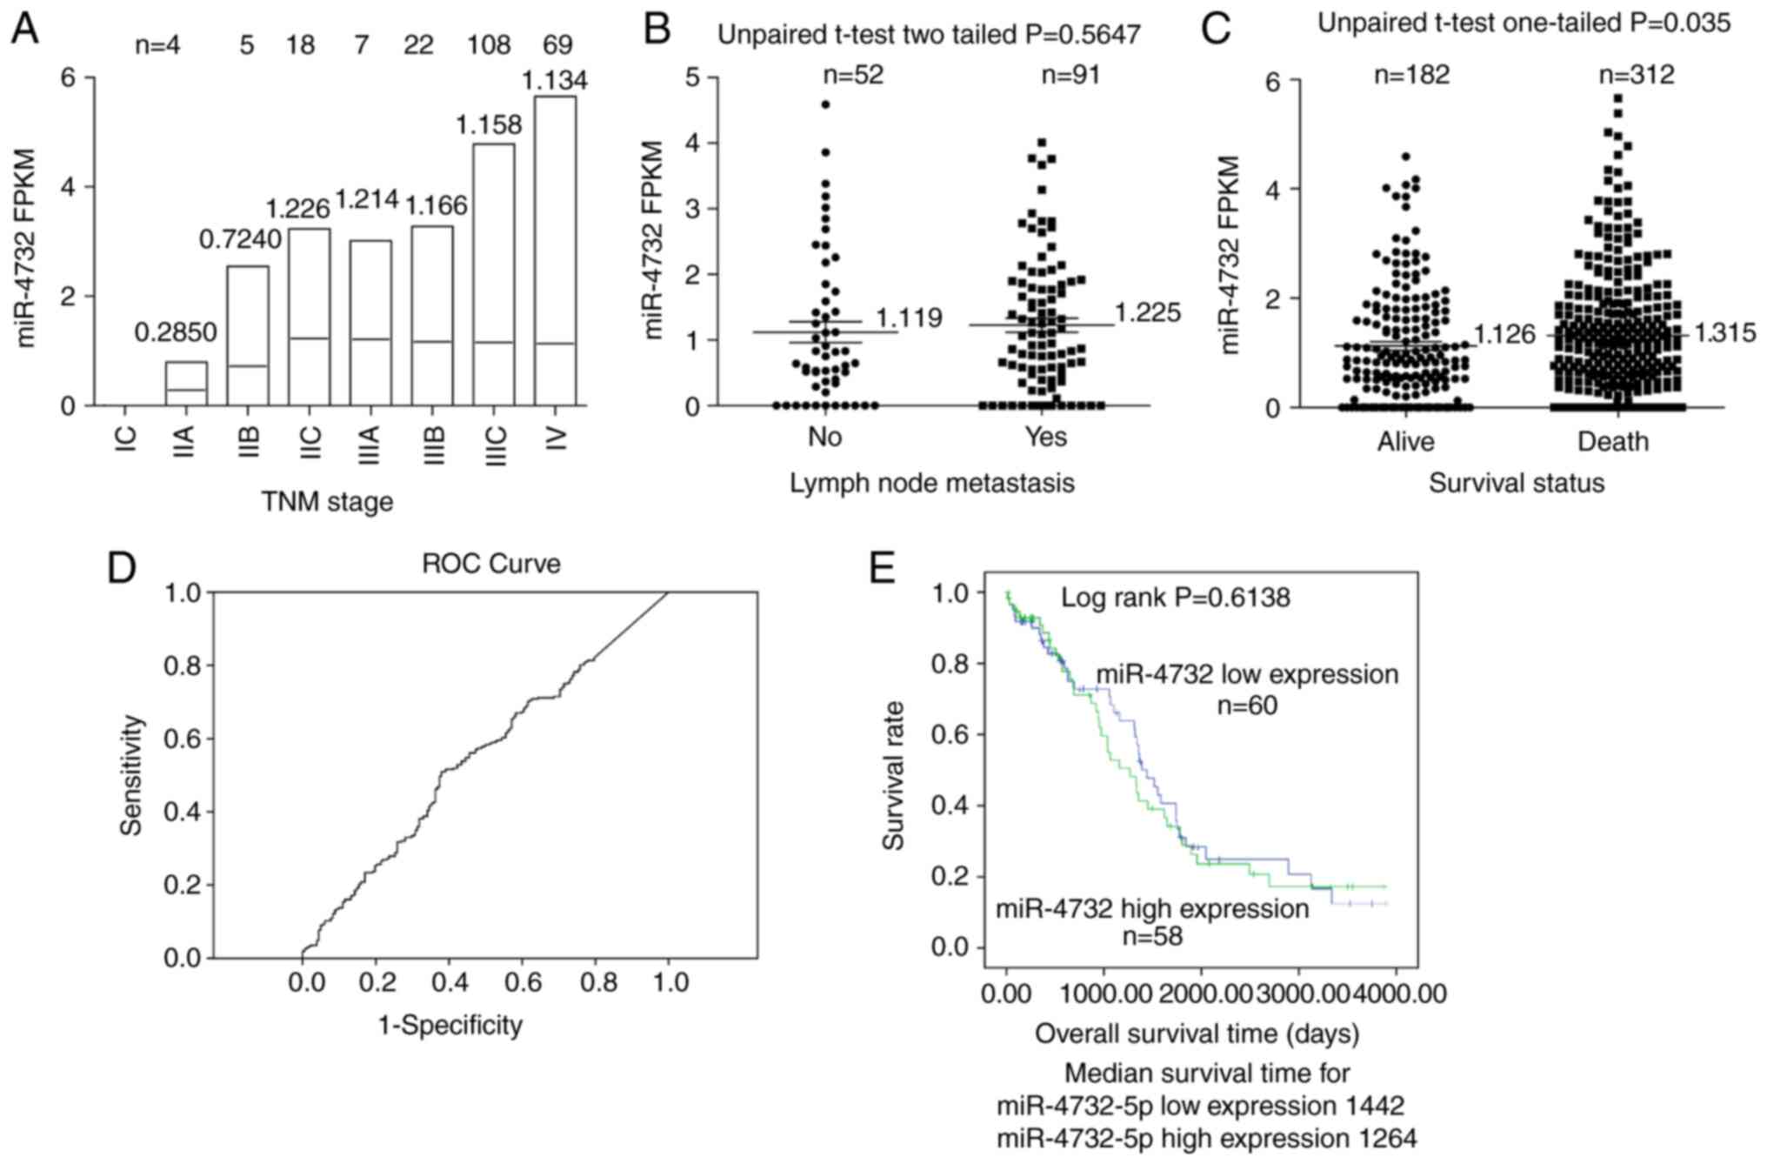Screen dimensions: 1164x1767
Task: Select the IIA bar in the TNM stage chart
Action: [x=186, y=384]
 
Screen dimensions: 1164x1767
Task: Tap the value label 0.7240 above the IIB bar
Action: [x=240, y=239]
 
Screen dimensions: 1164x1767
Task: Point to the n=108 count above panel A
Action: [x=489, y=44]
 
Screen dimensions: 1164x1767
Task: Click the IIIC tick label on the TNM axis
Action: [x=495, y=446]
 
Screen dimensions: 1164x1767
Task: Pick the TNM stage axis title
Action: [x=327, y=502]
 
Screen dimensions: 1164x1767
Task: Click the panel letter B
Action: [x=657, y=28]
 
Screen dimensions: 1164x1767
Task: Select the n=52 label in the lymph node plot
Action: [x=853, y=75]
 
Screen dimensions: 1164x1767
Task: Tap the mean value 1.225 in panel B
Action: [x=1148, y=312]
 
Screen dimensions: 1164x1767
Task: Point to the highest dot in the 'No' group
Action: [x=825, y=104]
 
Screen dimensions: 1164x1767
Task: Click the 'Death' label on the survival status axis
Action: [x=1613, y=442]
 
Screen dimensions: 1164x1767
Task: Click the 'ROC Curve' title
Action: [x=490, y=564]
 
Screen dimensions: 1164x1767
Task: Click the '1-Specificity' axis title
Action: [x=450, y=1026]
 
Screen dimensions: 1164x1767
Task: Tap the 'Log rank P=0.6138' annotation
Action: [x=1175, y=598]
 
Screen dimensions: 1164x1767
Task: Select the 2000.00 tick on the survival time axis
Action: [x=1201, y=993]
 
